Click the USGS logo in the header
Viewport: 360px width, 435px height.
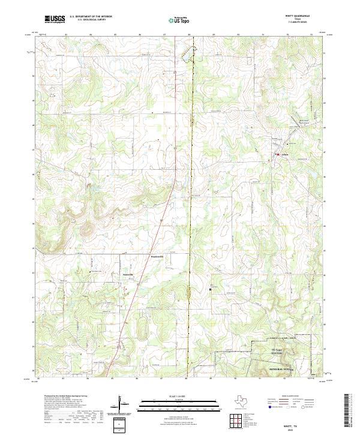(x=55, y=19)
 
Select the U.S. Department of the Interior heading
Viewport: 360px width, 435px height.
(x=91, y=17)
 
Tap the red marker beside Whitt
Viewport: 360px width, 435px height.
(x=277, y=155)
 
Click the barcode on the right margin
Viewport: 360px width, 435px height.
(x=350, y=411)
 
